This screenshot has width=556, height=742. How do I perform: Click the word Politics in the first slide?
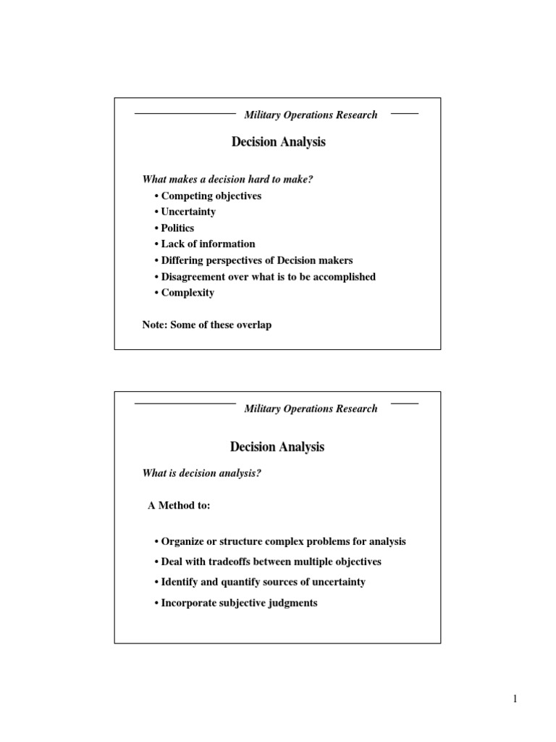(x=177, y=228)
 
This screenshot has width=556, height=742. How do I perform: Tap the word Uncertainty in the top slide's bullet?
(x=188, y=212)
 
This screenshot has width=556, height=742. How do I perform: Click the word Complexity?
(x=188, y=293)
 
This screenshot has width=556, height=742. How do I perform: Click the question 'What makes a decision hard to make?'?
(x=227, y=180)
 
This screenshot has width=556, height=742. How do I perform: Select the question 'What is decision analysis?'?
(x=201, y=473)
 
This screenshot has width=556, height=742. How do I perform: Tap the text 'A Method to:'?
(x=179, y=506)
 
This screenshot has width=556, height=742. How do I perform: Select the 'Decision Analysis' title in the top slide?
(x=278, y=142)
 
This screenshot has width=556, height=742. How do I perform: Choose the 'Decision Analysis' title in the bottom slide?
(x=277, y=447)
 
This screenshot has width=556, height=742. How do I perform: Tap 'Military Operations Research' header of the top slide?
(x=311, y=114)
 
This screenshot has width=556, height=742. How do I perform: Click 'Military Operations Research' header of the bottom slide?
(x=311, y=409)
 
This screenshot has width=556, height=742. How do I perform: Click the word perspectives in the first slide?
(x=243, y=260)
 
